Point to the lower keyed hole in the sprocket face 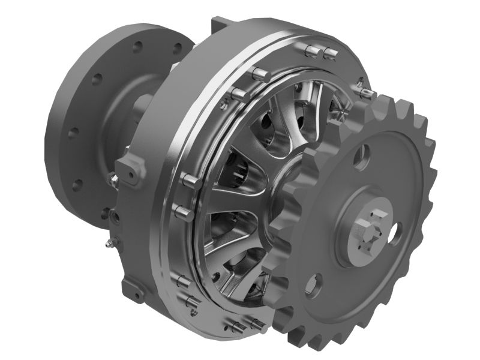pos(317,280)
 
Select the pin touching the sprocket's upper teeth pos(365,93)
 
